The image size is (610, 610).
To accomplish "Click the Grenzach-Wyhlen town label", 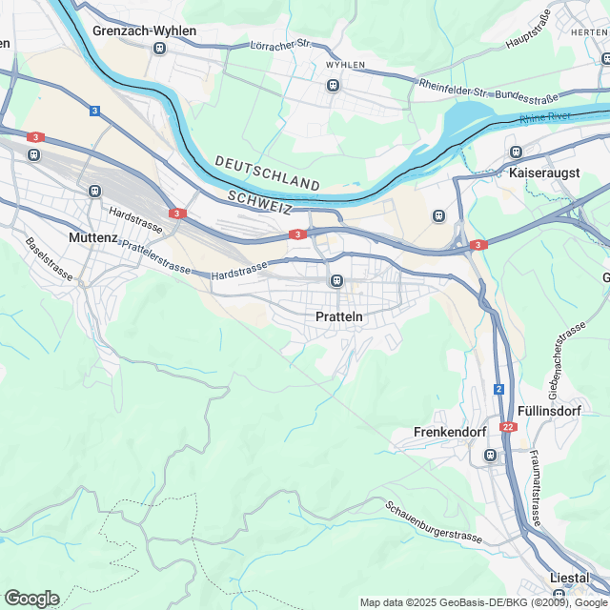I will pos(144,30).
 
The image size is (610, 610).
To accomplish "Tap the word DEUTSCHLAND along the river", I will pos(267,173).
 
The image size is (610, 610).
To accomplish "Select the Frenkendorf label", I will pos(451,432).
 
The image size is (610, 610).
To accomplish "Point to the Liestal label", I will pos(570,578).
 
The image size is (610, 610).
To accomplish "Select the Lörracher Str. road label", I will pos(280,45).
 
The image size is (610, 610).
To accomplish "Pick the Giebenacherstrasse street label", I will pos(566,360).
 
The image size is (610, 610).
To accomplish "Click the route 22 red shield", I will pos(508,426).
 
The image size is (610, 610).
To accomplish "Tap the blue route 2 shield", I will pos(498,389).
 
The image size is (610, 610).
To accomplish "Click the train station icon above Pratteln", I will pos(335,281).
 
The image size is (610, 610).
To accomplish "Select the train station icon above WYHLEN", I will pos(333,85).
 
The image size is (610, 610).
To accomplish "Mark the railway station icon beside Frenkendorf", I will pos(490,456).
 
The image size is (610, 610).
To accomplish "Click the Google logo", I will pos(31,598).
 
